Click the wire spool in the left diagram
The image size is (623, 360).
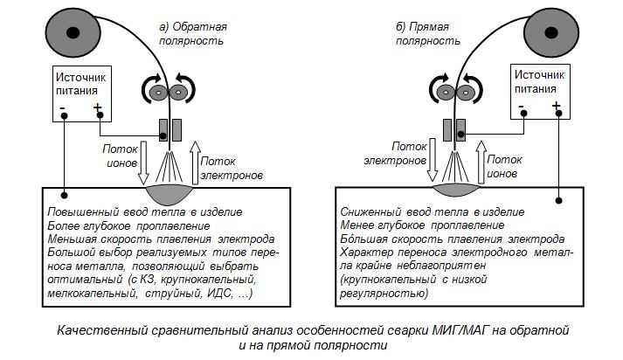click(73, 32)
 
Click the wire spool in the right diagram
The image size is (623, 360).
click(551, 32)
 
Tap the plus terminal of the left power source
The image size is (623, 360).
click(100, 114)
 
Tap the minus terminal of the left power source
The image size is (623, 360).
click(64, 115)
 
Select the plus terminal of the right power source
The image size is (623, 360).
click(558, 114)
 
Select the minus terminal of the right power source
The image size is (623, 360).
click(523, 114)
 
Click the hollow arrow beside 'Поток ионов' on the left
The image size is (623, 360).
click(143, 163)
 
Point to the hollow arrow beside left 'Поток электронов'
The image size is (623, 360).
click(195, 163)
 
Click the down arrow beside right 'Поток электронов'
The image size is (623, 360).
click(433, 160)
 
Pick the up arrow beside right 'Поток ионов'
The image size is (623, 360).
click(481, 162)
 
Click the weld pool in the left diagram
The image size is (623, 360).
click(170, 194)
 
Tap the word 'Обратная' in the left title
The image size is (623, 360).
click(199, 27)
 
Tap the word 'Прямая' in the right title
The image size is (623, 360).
click(429, 27)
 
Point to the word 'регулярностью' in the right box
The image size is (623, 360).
click(384, 294)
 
